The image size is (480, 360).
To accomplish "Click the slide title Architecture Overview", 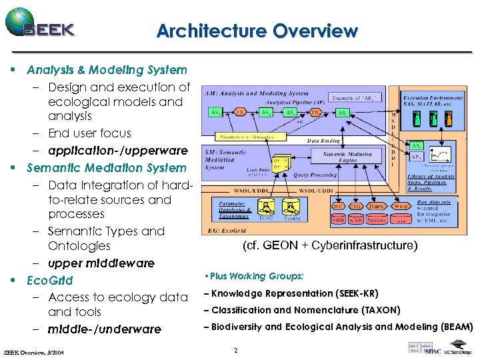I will coord(257,31).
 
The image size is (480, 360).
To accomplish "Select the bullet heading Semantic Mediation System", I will coord(106,168).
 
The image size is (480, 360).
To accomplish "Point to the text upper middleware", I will coord(101,263).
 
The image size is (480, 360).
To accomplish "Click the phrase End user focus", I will coord(89,133).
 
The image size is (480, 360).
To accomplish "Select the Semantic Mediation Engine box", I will coord(348,157).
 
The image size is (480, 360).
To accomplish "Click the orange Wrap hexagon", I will coord(401,206).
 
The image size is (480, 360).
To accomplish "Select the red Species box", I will coord(377,219).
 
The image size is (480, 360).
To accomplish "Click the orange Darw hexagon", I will coord(378,206).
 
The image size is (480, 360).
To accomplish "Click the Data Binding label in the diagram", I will coord(323,141).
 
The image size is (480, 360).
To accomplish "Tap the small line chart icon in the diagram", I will coord(440,157).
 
